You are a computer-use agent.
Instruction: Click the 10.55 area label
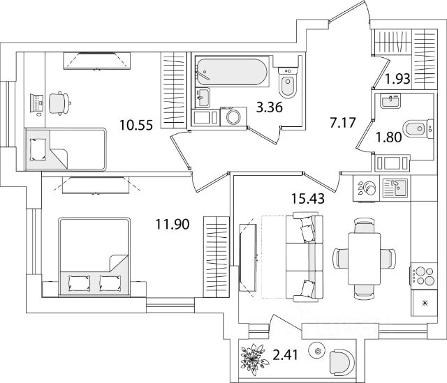(x=136, y=125)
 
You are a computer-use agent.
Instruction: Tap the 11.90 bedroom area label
(x=173, y=224)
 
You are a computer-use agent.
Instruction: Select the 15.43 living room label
(x=308, y=199)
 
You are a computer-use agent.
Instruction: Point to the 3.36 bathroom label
(x=270, y=107)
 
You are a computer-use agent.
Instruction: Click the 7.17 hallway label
(x=343, y=123)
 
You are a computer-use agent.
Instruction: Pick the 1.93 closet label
(x=397, y=79)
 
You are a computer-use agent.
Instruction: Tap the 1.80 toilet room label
(x=389, y=137)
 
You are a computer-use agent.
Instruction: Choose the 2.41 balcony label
(x=286, y=355)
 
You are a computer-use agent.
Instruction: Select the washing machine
(x=233, y=117)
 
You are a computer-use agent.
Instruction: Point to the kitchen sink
(x=395, y=188)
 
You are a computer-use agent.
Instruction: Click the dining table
(x=365, y=258)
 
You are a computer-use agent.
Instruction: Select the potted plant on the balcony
(x=254, y=357)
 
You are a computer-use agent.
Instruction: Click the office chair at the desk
(x=59, y=103)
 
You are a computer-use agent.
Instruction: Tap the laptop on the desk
(x=37, y=103)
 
